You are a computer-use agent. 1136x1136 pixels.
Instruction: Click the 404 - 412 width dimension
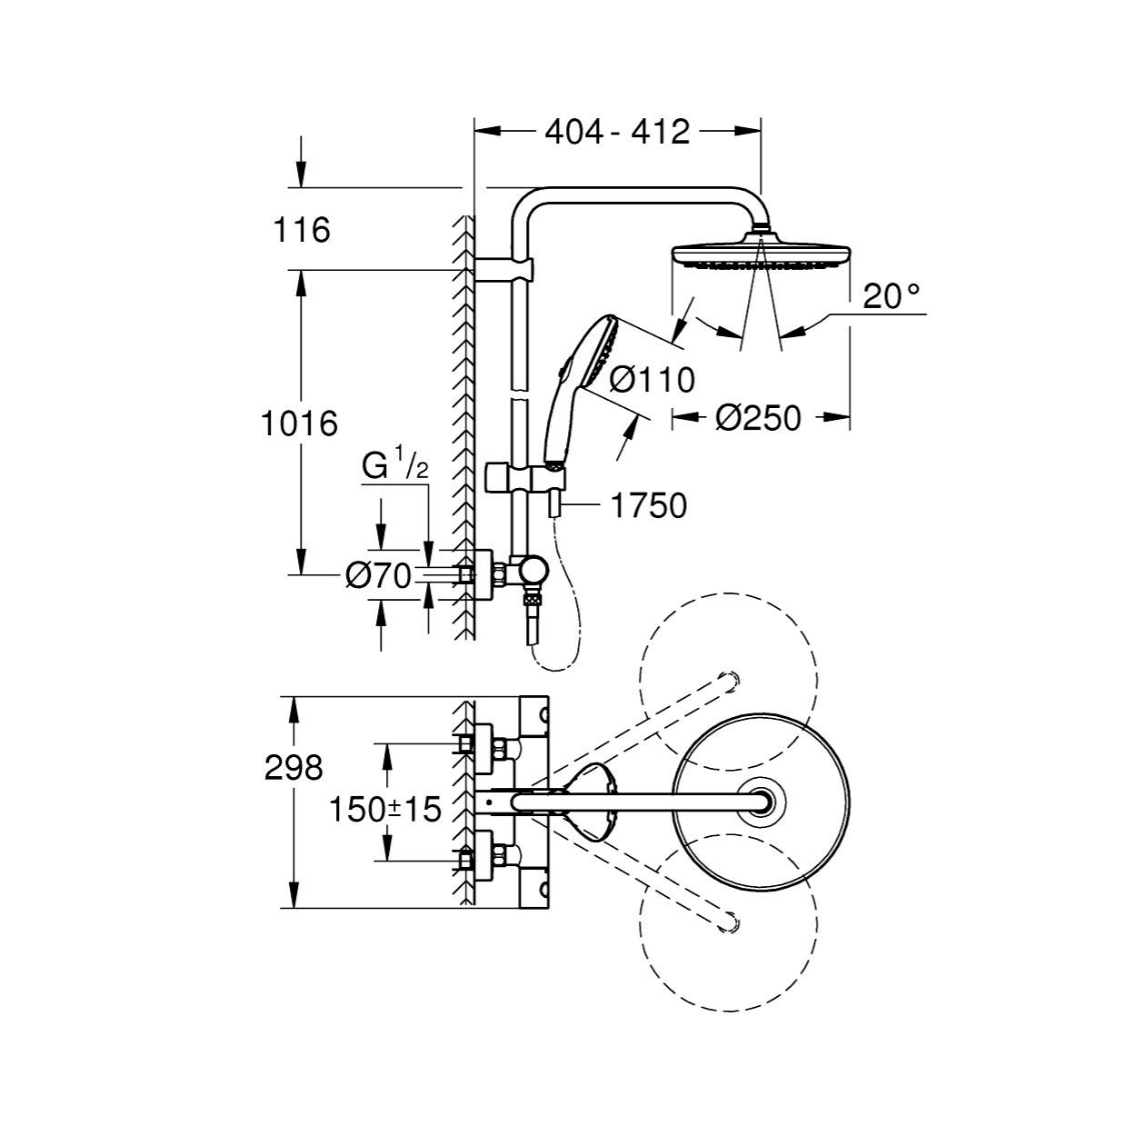(617, 132)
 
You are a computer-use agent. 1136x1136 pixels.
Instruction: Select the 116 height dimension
(301, 230)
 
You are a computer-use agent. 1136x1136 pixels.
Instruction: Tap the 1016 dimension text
(300, 424)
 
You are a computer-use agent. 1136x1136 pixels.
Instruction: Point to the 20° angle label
(892, 296)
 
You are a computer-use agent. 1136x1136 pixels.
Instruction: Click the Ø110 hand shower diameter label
(652, 379)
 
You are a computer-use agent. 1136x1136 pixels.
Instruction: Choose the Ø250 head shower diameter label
(759, 418)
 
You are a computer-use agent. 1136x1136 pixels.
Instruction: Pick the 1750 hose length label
(649, 506)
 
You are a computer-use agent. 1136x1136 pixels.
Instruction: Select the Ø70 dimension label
(378, 576)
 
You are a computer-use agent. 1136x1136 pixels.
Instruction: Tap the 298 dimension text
(294, 768)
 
